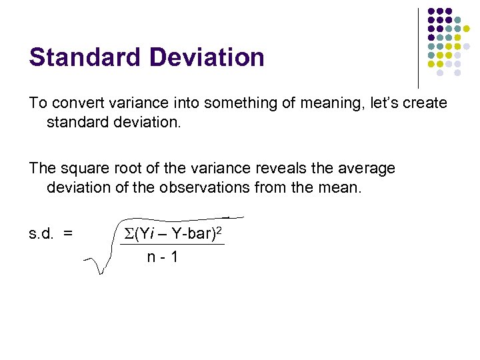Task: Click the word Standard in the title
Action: [78, 57]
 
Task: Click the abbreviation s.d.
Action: [41, 233]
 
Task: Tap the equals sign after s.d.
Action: [67, 233]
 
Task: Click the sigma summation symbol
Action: [129, 234]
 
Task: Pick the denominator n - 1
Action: [163, 256]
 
